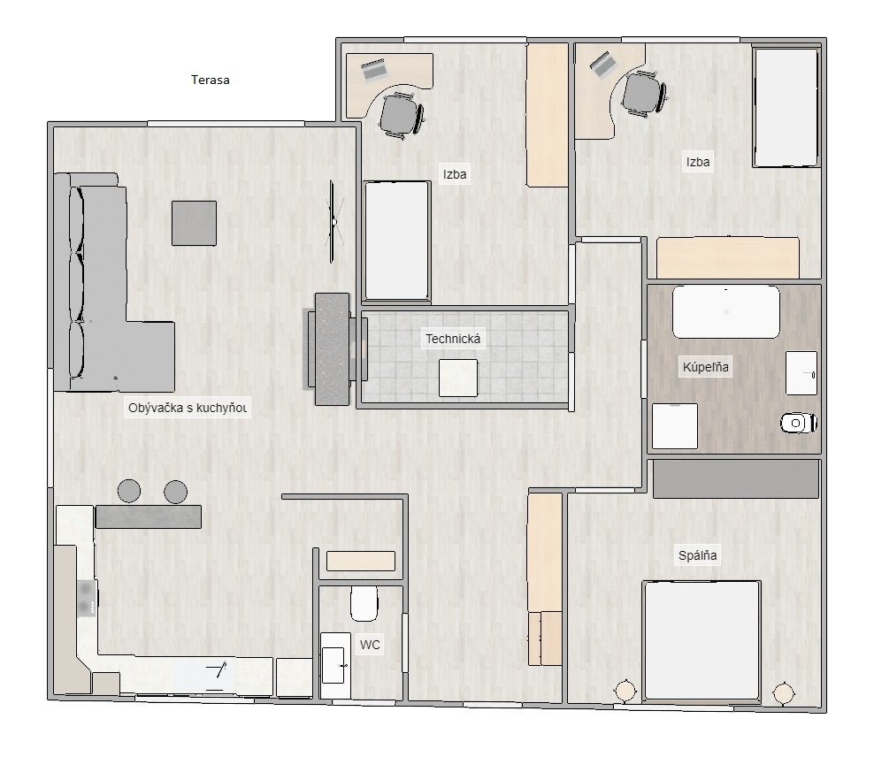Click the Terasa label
[211, 80]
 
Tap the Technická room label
[455, 339]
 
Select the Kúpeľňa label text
[706, 367]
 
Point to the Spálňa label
[698, 556]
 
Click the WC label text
[370, 645]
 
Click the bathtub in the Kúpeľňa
[726, 312]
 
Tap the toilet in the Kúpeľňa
[799, 424]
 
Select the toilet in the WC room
[364, 604]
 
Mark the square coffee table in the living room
[194, 223]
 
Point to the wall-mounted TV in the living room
[333, 221]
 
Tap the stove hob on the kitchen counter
[86, 598]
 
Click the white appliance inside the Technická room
[458, 378]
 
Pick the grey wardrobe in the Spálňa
[735, 478]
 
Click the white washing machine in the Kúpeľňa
[675, 426]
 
